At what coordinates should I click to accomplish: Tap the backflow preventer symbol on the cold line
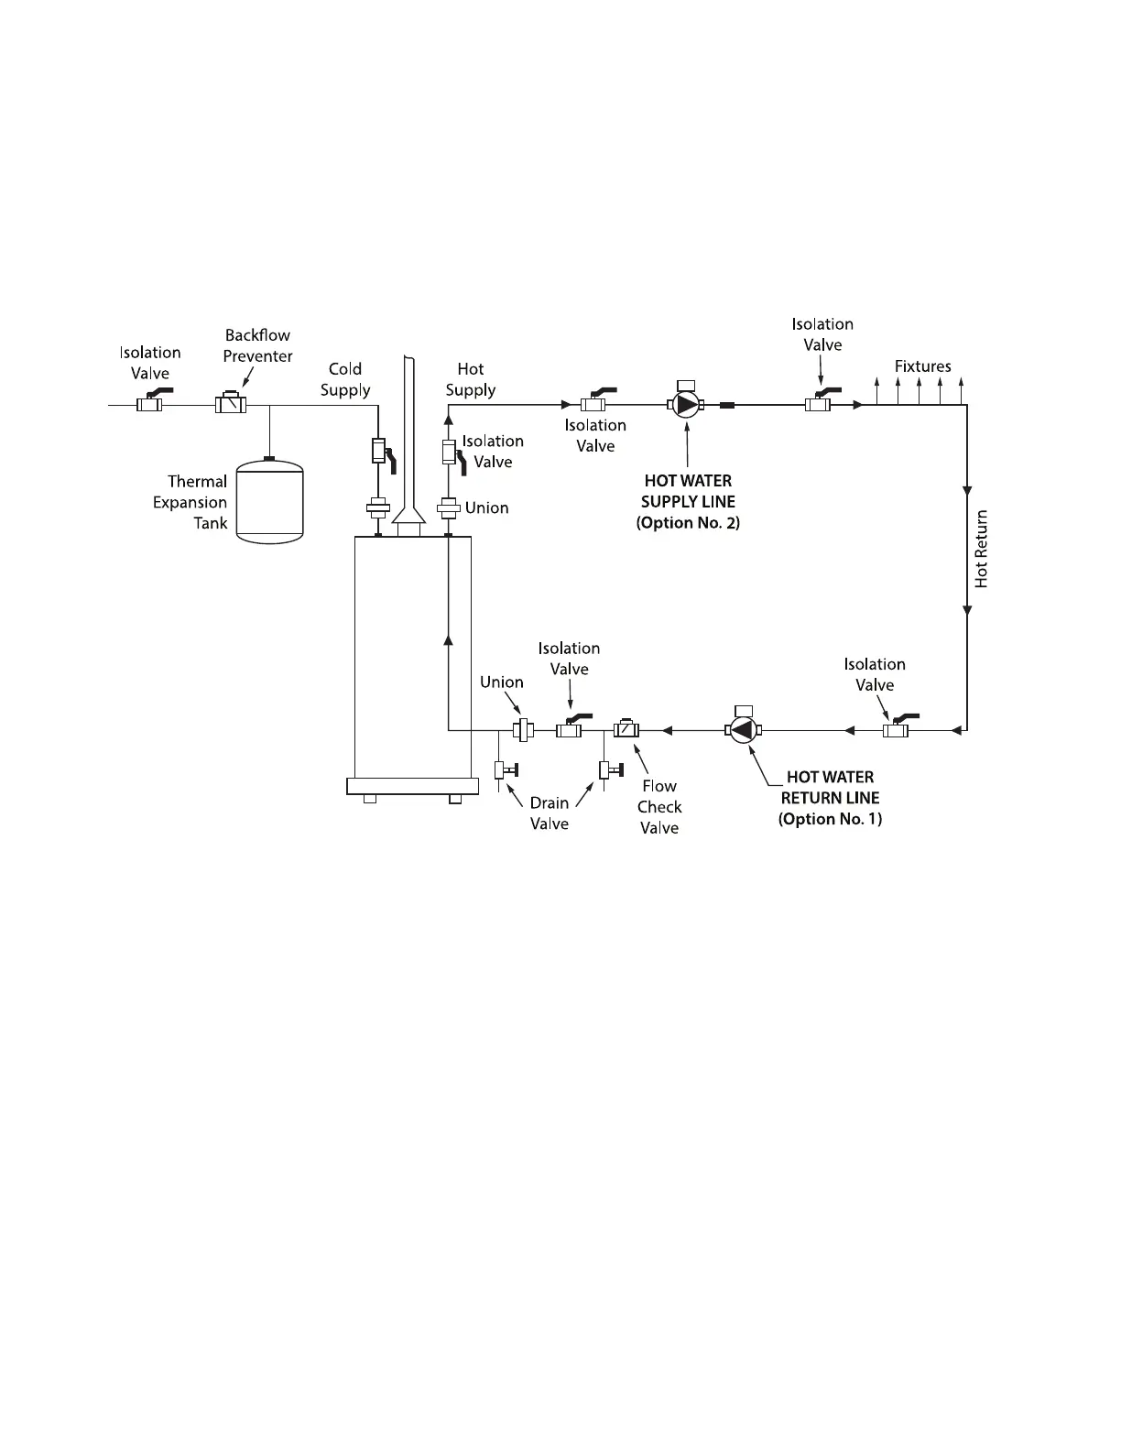point(230,403)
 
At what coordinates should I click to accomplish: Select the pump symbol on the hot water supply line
point(686,404)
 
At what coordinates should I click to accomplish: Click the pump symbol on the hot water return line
point(743,730)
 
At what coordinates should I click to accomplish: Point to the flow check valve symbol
point(626,730)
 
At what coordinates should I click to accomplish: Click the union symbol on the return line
point(523,730)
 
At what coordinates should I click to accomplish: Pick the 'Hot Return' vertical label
point(982,549)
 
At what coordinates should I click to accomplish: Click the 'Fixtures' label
point(922,366)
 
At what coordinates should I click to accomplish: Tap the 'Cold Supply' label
point(345,379)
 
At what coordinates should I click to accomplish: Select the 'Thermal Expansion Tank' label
point(190,502)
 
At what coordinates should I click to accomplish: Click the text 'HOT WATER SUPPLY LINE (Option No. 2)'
point(688,502)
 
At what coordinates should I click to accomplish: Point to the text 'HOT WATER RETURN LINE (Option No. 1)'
point(830,798)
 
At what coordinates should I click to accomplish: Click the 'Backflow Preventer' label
point(257,345)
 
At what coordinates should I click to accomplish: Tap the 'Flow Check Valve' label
point(659,806)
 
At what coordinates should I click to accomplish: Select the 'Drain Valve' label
point(550,813)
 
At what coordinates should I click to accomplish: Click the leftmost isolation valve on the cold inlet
point(150,403)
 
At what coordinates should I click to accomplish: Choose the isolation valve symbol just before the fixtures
point(818,403)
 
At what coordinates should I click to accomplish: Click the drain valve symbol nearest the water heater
point(503,769)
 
